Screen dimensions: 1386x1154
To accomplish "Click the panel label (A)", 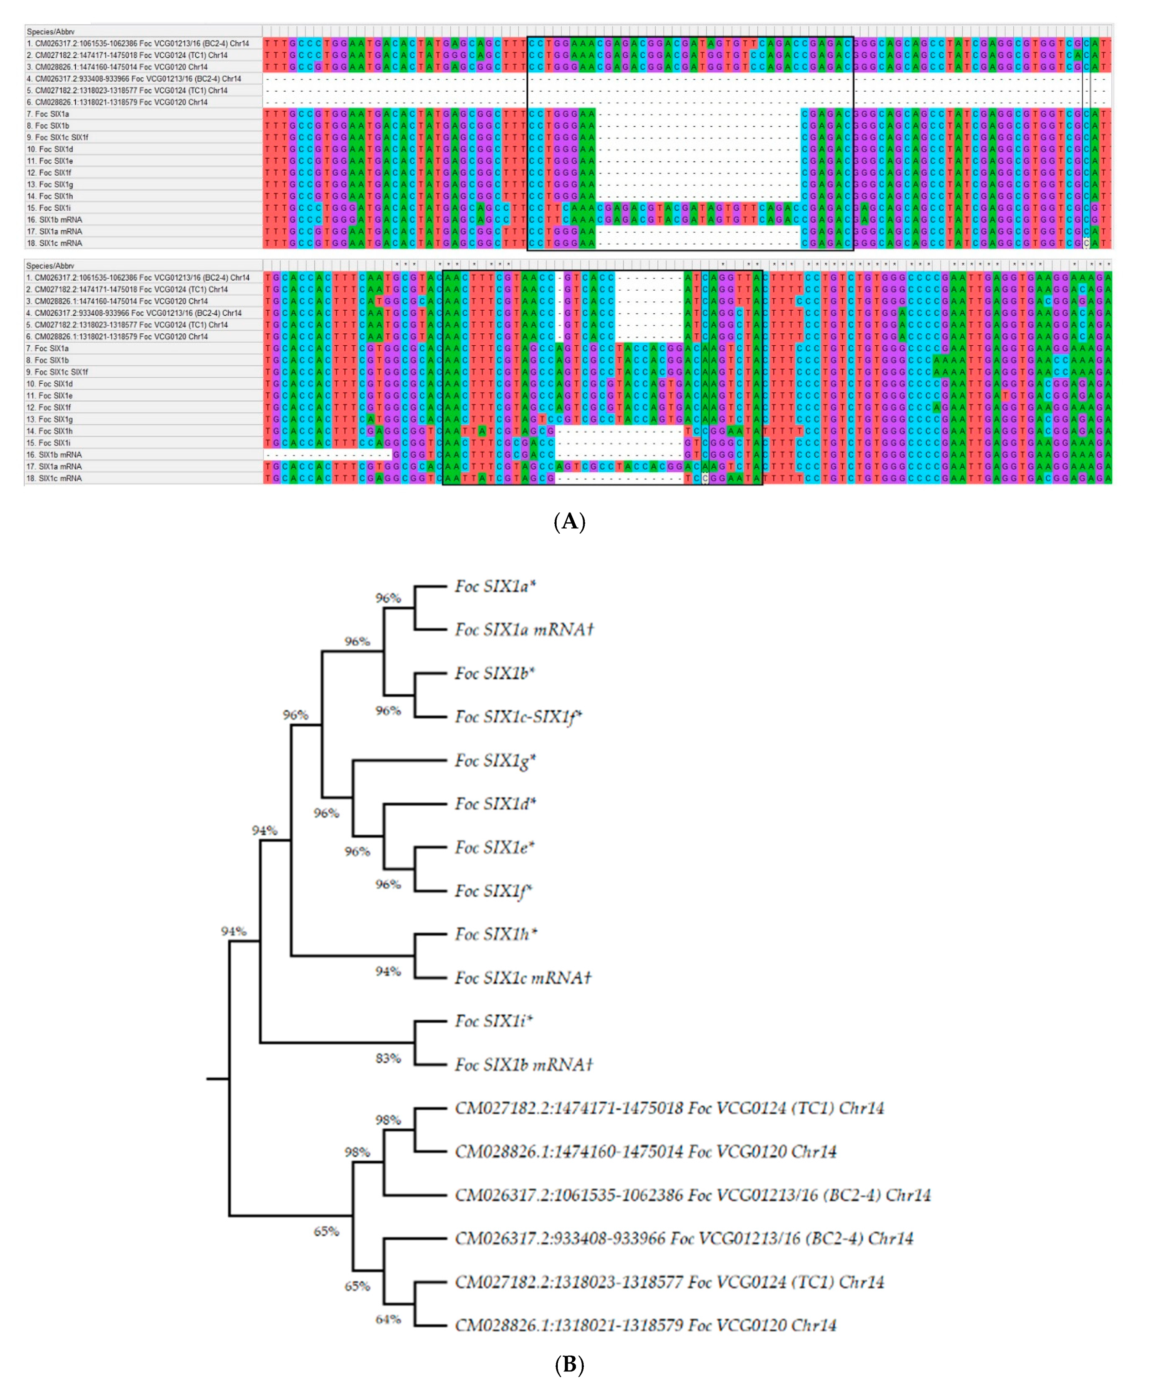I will (569, 522).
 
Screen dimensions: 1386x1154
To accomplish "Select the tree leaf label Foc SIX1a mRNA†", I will (524, 630).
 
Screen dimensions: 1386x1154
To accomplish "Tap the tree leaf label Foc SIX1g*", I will (495, 761).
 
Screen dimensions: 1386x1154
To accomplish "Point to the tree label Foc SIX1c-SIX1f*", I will (518, 717).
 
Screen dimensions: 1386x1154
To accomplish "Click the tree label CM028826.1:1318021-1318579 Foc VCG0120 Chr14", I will (645, 1325).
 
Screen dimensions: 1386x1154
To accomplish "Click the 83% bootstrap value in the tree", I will (388, 1059).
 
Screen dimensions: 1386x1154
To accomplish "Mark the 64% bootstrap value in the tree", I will (388, 1319).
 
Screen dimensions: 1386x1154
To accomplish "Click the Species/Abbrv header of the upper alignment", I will (51, 32).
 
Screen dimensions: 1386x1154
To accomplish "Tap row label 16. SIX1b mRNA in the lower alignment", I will (54, 455).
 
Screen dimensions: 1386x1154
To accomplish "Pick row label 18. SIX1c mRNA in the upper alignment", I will (54, 243).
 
